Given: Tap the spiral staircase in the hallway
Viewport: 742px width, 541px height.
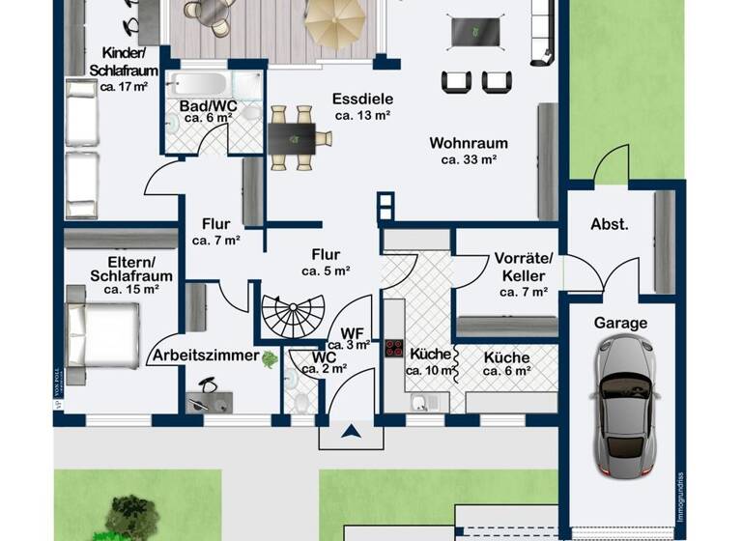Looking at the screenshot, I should pyautogui.click(x=293, y=318).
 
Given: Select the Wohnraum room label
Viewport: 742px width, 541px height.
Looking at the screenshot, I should pyautogui.click(x=469, y=144).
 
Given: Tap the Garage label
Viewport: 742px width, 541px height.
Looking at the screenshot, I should pyautogui.click(x=620, y=323).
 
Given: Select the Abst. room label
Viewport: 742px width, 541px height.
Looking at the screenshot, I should pyautogui.click(x=610, y=224).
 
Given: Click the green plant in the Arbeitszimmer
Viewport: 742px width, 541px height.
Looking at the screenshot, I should pyautogui.click(x=271, y=358).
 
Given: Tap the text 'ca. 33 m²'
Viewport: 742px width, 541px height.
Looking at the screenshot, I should pyautogui.click(x=469, y=160).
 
